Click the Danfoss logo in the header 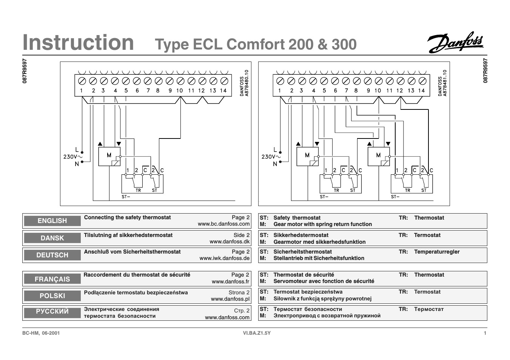(455, 42)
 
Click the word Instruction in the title (78, 42)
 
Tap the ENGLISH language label (52, 221)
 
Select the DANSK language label (52, 238)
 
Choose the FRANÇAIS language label (52, 279)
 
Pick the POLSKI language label (52, 296)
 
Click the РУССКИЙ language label (52, 312)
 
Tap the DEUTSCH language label (52, 255)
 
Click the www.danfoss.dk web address (230, 242)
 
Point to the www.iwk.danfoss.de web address (225, 258)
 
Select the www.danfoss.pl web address (230, 299)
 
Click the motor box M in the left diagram (109, 156)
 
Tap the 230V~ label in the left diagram (73, 157)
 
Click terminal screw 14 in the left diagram (224, 81)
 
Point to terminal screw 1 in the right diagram (280, 81)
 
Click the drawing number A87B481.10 (445, 83)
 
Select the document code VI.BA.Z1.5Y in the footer (257, 333)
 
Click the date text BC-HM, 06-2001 (41, 333)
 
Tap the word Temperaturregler (437, 252)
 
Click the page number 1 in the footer (485, 333)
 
